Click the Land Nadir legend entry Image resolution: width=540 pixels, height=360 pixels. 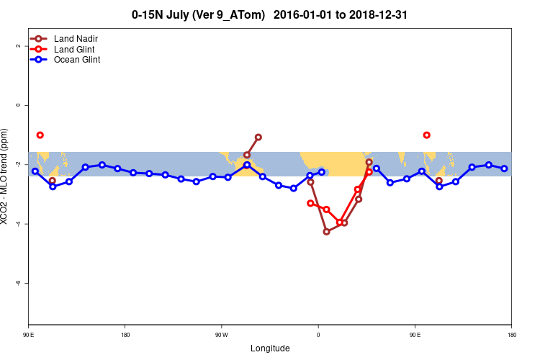75,38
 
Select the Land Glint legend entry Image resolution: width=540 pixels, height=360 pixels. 74,49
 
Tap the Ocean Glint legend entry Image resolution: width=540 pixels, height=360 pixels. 76,60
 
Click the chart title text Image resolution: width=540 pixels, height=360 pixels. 270,14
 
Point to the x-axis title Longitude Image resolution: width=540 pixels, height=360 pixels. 270,348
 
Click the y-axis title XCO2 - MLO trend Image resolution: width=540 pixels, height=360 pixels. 6,176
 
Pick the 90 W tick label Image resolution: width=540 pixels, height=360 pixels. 221,335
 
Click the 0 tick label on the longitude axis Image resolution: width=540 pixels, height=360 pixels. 318,335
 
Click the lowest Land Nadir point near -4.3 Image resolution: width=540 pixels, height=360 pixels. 326,231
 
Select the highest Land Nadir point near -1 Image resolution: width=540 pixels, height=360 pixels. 258,137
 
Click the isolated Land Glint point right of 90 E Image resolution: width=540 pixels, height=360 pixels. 427,135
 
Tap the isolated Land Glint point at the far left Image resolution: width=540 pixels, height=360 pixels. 40,135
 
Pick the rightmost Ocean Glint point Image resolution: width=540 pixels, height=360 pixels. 505,168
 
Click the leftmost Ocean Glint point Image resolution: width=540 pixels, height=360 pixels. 35,171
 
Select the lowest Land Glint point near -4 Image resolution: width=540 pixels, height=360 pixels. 340,222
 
